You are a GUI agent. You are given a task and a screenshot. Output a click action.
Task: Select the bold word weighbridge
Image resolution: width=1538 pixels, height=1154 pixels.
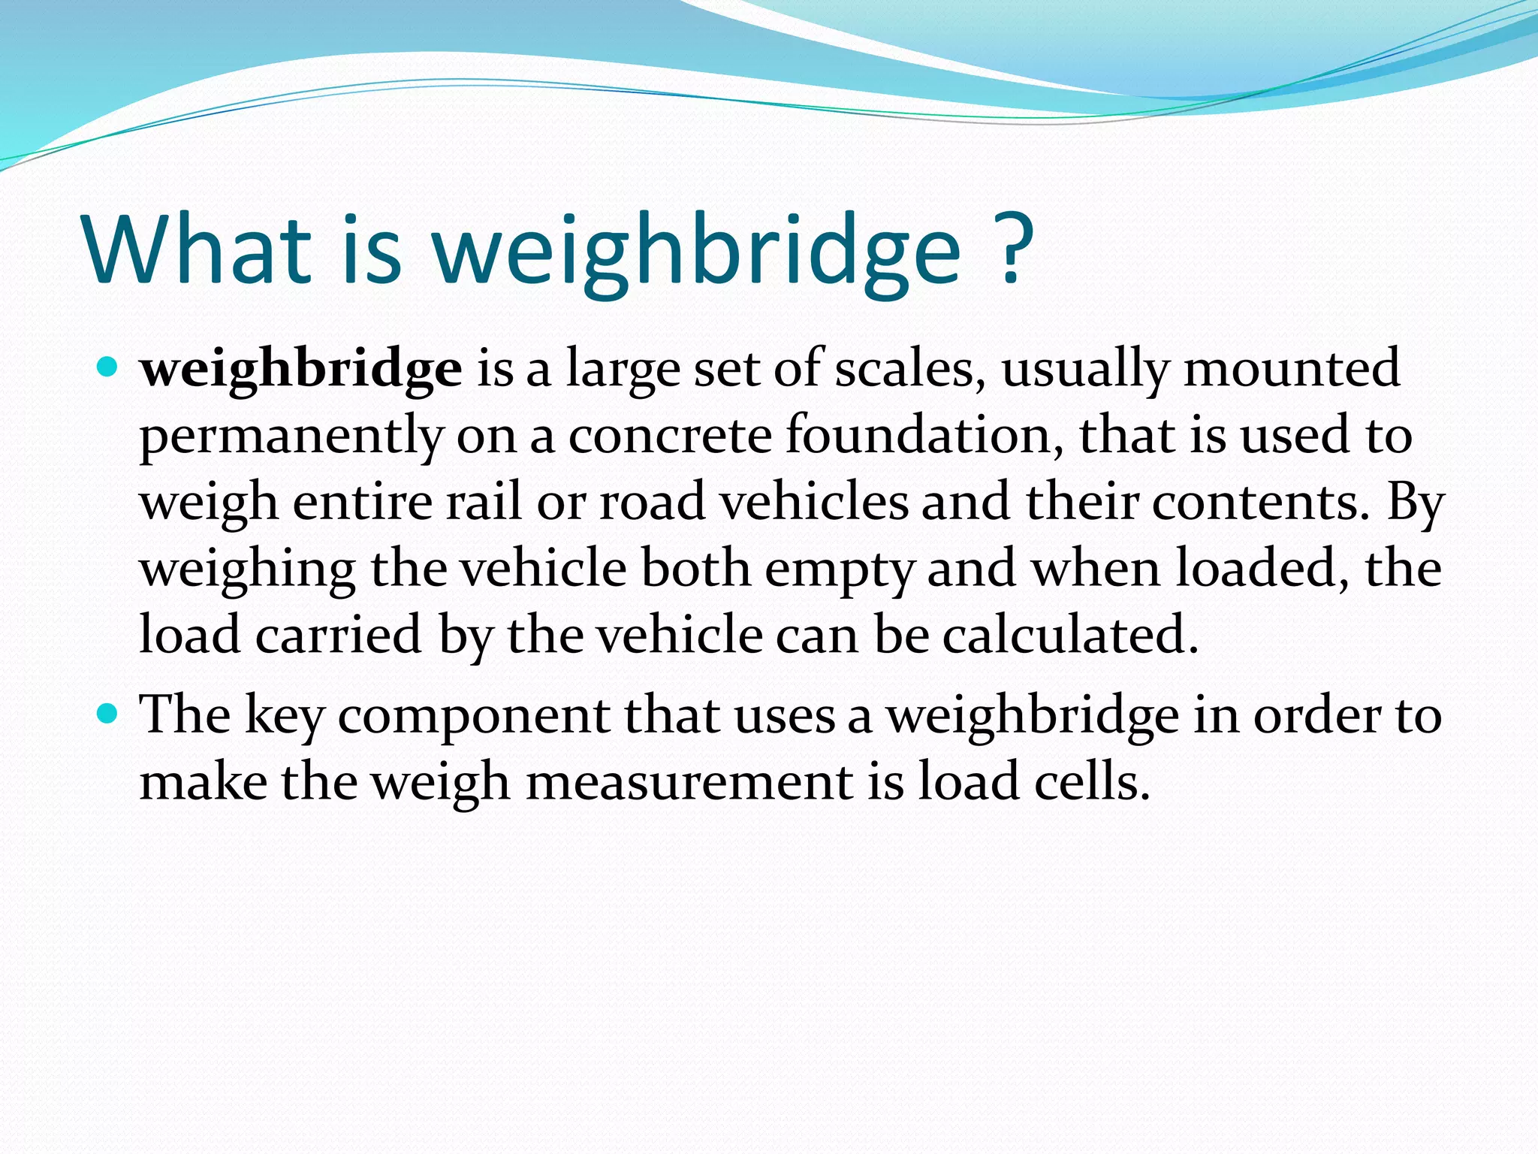click(301, 370)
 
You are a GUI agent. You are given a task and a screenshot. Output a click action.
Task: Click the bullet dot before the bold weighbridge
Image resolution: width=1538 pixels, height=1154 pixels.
click(108, 368)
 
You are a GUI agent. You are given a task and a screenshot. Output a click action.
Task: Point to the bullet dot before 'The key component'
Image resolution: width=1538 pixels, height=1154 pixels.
click(108, 713)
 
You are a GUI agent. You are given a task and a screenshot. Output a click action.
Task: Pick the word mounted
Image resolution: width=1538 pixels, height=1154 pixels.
click(1291, 369)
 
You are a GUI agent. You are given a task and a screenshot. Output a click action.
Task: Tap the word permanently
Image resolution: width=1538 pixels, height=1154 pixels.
click(291, 437)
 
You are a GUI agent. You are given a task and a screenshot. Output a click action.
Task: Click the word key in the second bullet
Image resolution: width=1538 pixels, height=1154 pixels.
click(284, 716)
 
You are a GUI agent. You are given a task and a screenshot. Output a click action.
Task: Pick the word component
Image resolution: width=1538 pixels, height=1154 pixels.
click(472, 716)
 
